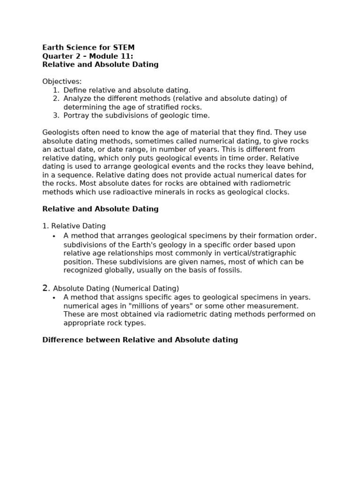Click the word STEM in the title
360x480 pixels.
click(124, 47)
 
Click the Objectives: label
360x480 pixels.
click(62, 82)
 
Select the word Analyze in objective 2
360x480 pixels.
click(78, 98)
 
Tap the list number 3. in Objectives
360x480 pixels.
click(56, 115)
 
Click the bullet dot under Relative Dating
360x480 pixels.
click(54, 236)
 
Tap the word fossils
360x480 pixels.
click(229, 270)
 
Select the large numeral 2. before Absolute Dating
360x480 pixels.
click(46, 288)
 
